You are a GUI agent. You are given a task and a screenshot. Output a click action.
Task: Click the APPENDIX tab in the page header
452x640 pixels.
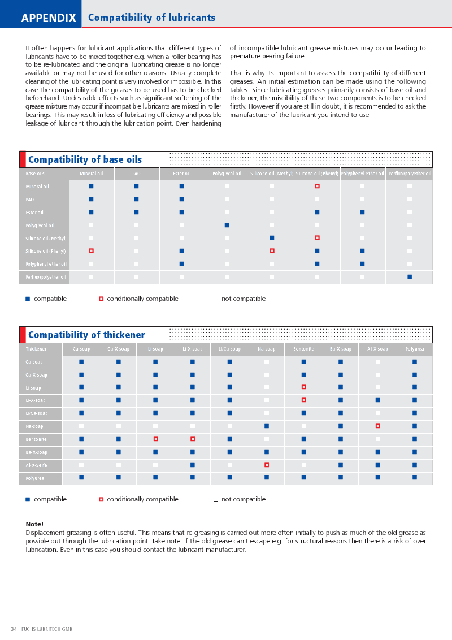click(49, 18)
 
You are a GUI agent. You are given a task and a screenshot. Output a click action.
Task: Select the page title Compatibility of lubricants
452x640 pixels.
click(151, 18)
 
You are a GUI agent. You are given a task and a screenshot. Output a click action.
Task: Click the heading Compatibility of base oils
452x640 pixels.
click(85, 160)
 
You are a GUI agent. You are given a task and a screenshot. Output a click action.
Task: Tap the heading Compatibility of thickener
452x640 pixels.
click(86, 335)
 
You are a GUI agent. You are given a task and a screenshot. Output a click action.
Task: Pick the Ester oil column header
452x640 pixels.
click(181, 174)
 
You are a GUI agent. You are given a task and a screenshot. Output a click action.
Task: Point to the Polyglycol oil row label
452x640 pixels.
click(40, 226)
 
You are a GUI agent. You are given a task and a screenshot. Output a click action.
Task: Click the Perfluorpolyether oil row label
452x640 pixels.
click(45, 277)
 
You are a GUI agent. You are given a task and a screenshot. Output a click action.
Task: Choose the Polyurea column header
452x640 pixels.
click(414, 349)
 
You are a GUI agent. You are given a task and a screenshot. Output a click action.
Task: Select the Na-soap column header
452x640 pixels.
click(266, 349)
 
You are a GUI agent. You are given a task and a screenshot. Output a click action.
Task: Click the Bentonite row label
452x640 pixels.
click(36, 439)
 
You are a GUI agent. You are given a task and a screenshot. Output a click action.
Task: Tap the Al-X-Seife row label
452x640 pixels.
click(36, 465)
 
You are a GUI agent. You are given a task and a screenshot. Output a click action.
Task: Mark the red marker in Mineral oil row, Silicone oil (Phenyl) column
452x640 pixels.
click(317, 186)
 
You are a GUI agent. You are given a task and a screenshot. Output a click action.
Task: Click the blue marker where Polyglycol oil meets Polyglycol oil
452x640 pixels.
click(227, 225)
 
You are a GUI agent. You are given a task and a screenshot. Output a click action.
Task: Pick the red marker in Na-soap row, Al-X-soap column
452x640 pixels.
click(377, 426)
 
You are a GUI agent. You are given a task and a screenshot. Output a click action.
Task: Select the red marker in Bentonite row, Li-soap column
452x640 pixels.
click(155, 439)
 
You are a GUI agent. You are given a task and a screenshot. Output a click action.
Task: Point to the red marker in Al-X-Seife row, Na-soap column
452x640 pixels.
click(266, 465)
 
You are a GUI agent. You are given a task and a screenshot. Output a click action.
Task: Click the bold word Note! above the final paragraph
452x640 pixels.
click(34, 524)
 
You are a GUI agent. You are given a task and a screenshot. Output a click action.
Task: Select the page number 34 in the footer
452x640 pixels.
click(14, 629)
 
